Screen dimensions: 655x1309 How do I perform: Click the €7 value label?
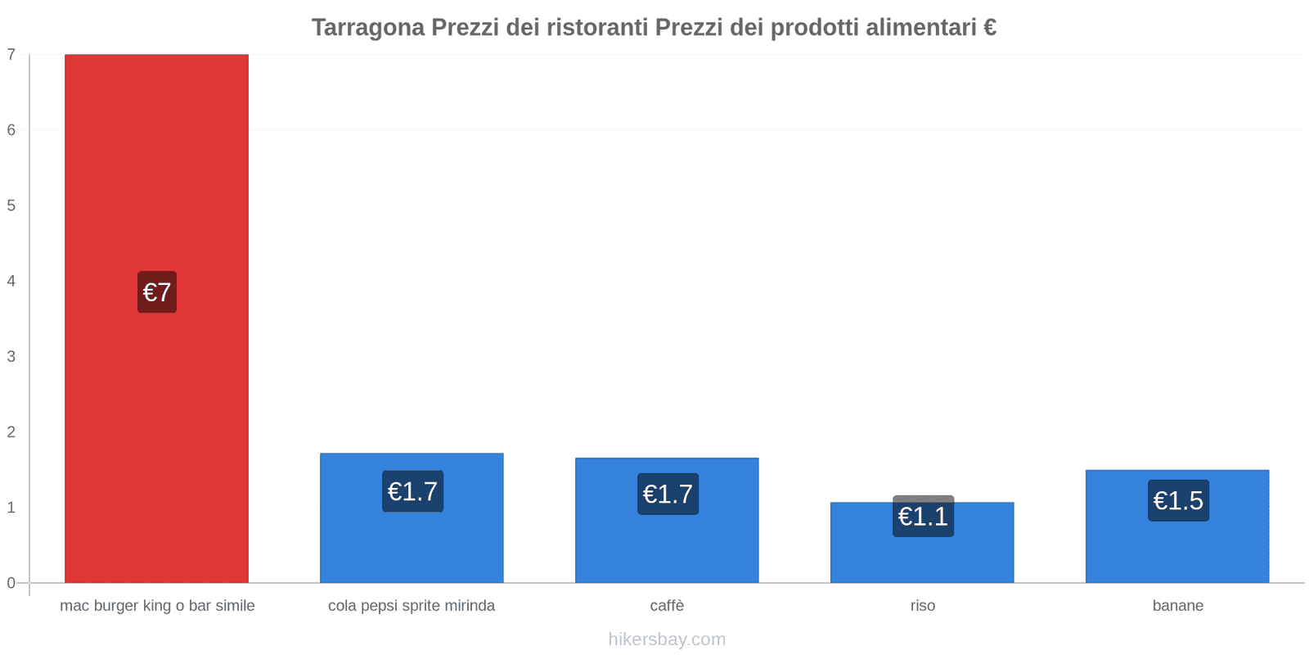click(x=157, y=292)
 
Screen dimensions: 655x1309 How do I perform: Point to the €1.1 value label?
click(x=923, y=517)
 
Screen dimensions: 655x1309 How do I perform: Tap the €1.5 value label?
click(x=1178, y=500)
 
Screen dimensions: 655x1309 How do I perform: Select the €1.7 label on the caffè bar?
click(x=668, y=494)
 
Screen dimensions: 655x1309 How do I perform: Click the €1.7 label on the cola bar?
click(x=412, y=491)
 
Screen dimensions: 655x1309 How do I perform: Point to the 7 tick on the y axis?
click(x=11, y=55)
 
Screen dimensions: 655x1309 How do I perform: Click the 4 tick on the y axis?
click(x=11, y=281)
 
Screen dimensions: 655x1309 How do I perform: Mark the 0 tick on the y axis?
click(x=11, y=583)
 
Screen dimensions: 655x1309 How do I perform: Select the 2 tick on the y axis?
click(x=11, y=431)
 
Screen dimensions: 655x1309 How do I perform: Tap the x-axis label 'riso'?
click(x=923, y=606)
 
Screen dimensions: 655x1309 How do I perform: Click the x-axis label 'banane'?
click(x=1178, y=606)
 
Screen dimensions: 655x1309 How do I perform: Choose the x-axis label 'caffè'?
click(x=667, y=606)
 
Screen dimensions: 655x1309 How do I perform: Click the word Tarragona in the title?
click(x=368, y=28)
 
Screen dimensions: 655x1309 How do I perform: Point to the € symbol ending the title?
click(x=989, y=28)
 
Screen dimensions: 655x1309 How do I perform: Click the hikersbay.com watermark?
click(x=667, y=639)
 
